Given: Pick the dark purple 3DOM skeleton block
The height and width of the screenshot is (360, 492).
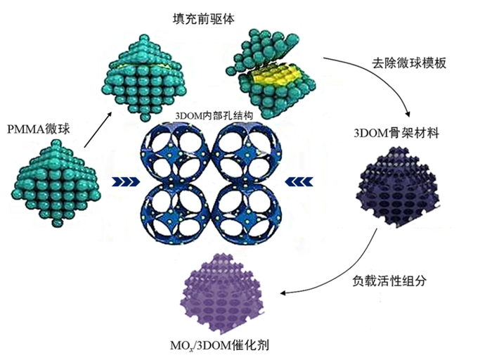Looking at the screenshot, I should [x=397, y=190].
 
